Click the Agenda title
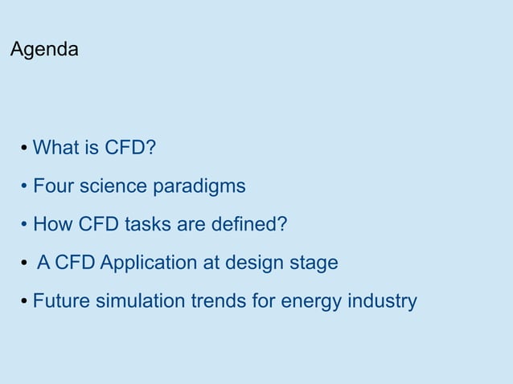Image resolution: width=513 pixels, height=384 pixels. pyautogui.click(x=44, y=50)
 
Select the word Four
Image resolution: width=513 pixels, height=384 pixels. pyautogui.click(x=52, y=186)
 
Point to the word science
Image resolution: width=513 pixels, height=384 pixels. pyautogui.click(x=111, y=186)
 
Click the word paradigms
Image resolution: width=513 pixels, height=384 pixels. pyautogui.click(x=199, y=187)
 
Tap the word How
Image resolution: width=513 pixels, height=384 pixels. pyautogui.click(x=52, y=224)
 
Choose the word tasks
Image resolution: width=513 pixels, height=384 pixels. pyautogui.click(x=147, y=224)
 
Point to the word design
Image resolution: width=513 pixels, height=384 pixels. pyautogui.click(x=255, y=263)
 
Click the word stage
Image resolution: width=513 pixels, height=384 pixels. pyautogui.click(x=314, y=263)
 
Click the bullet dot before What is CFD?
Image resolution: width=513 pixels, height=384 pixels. pyautogui.click(x=25, y=149)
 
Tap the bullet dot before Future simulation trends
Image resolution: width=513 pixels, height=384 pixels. pyautogui.click(x=25, y=303)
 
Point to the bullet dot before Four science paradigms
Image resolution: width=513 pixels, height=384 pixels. pyautogui.click(x=25, y=187)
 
